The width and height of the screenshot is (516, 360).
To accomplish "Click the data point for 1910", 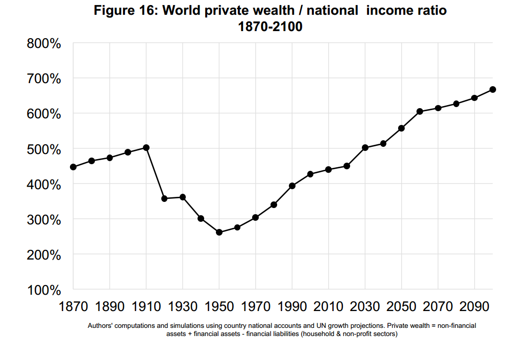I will click(x=146, y=147).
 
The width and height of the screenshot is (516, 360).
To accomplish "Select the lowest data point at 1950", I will click(x=219, y=233).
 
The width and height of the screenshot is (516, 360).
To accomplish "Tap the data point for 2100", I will click(x=493, y=90).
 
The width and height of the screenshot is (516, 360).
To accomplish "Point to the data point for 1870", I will click(x=73, y=167).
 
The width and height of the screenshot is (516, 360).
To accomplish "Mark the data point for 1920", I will click(x=164, y=198).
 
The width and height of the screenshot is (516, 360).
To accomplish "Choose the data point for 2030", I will click(x=365, y=147).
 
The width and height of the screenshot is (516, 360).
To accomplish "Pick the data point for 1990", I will click(x=292, y=186).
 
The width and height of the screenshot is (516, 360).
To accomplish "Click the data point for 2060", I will click(x=420, y=111).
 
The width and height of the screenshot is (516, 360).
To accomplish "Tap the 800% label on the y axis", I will click(x=44, y=44).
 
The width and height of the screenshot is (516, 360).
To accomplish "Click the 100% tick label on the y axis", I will click(x=44, y=290).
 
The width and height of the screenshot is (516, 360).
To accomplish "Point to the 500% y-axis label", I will click(x=44, y=149).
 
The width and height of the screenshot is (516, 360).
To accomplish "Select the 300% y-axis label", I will click(x=44, y=220).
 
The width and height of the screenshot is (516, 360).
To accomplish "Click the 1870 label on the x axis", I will click(x=73, y=306).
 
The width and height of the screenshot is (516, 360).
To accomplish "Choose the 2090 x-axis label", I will click(x=474, y=306).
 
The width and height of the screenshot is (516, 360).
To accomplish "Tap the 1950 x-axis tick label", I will click(x=219, y=306).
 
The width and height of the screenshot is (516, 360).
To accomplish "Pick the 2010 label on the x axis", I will click(x=329, y=306).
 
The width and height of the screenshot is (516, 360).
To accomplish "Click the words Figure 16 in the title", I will click(x=126, y=11).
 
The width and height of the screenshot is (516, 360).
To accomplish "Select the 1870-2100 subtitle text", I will click(x=271, y=27).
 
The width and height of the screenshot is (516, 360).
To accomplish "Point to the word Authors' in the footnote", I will click(x=101, y=325).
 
